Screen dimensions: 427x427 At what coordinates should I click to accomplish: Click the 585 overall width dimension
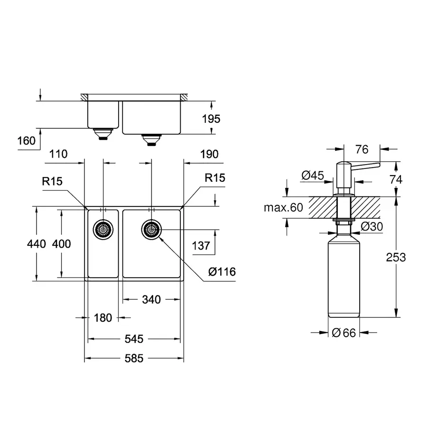click(x=134, y=359)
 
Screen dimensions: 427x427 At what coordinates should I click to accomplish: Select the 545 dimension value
click(x=134, y=339)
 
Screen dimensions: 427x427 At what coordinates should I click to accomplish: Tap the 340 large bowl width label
click(x=151, y=299)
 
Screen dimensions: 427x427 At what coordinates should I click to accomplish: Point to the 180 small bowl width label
click(x=102, y=318)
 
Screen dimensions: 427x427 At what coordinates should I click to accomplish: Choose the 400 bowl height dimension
click(x=61, y=244)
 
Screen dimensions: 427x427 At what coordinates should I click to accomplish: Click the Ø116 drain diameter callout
click(x=222, y=272)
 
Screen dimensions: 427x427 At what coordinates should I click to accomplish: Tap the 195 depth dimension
click(x=211, y=119)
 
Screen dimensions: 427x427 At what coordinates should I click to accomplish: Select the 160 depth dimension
click(x=26, y=141)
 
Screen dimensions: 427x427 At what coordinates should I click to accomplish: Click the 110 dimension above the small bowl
click(x=58, y=154)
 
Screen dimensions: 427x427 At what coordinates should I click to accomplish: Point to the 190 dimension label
click(x=209, y=154)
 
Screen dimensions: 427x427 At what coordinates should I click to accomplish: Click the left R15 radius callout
click(x=53, y=181)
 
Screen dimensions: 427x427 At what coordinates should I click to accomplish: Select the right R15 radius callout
click(x=215, y=178)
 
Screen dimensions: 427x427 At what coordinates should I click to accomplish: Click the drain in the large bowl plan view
click(x=151, y=230)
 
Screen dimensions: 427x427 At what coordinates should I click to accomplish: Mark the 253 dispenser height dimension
click(x=396, y=257)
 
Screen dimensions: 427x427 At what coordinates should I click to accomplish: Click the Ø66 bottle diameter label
click(x=343, y=333)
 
